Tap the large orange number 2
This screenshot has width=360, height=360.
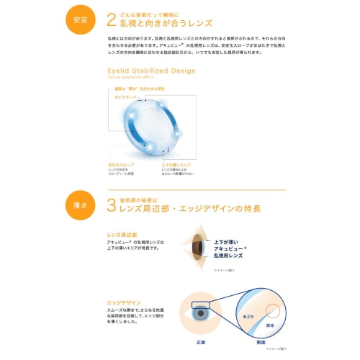tap(111, 19)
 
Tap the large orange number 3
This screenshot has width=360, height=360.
tap(111, 205)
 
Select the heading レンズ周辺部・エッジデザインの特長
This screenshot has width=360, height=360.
tap(194, 209)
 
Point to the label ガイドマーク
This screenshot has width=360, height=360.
tap(125, 96)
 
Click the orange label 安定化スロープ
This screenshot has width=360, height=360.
tap(120, 164)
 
